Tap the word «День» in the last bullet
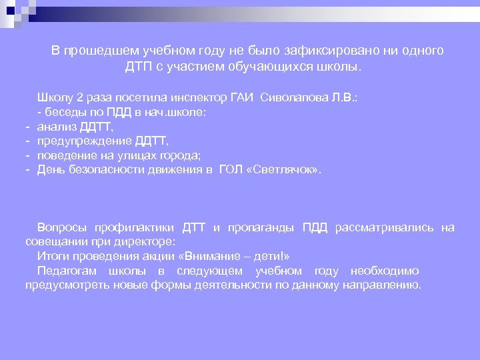(x=49, y=170)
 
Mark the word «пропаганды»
(x=261, y=228)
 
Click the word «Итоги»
(x=53, y=257)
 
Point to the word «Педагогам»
(x=67, y=271)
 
